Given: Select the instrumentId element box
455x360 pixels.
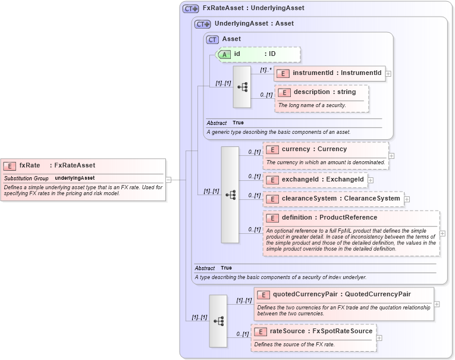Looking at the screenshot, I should tap(330, 73).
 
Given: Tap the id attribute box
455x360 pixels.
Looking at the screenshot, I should tap(259, 54).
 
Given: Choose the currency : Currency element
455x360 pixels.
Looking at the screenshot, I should tap(314, 149).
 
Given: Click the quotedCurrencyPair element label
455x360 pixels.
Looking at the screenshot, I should tap(341, 294).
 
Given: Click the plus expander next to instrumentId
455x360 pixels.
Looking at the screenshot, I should tap(388, 73).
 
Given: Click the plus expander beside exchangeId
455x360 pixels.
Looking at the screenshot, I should tap(371, 179).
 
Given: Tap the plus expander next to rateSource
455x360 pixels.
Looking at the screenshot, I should tap(379, 337).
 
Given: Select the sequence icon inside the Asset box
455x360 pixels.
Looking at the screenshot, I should tap(242, 87).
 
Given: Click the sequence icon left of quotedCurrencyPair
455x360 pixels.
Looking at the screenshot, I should tap(218, 321).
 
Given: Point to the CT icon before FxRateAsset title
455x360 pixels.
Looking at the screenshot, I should tap(191, 8).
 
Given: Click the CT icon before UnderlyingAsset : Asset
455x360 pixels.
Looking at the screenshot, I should tap(203, 24).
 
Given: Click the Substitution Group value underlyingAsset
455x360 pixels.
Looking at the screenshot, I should tap(75, 178).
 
